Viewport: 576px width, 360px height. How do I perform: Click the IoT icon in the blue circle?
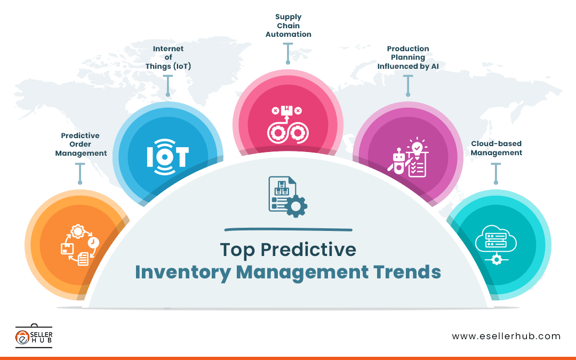[167, 157]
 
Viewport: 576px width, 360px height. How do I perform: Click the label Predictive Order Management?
[80, 145]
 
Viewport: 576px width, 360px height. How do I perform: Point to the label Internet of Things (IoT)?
[168, 58]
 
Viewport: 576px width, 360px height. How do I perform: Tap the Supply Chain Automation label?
[288, 26]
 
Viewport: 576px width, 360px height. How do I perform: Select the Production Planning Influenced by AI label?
[408, 58]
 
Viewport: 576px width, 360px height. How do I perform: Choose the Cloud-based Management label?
[496, 148]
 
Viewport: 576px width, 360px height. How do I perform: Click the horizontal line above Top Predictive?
[288, 230]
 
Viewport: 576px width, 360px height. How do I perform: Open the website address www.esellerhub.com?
[506, 336]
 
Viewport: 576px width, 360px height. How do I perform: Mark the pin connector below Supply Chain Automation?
[288, 53]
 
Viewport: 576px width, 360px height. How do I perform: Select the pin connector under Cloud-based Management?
[496, 174]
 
